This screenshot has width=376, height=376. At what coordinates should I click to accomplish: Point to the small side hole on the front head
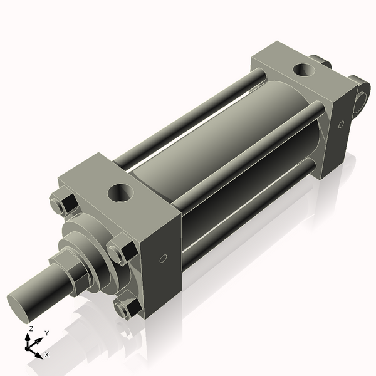point(163,258)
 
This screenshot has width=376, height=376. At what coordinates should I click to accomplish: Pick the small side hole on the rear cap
point(341,124)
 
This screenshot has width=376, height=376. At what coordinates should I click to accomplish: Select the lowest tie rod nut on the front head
point(125,308)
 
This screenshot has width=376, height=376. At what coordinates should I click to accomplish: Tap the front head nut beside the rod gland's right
point(120,252)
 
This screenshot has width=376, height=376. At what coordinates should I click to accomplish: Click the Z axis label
point(31,329)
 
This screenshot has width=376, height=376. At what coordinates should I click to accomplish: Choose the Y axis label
point(47,333)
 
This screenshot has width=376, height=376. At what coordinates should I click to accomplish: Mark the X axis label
point(47,355)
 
